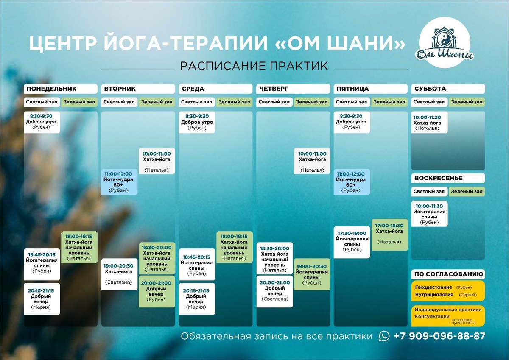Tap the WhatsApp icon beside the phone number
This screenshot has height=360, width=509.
(384, 336)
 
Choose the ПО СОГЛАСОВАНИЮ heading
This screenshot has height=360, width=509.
(448, 274)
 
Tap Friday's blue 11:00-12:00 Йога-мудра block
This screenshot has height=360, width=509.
(351, 182)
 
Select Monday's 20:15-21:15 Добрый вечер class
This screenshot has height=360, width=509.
(41, 299)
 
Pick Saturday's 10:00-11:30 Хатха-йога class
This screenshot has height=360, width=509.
(429, 123)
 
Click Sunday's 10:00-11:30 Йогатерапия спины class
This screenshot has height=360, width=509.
(429, 214)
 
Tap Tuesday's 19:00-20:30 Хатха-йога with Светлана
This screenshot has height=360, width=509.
(120, 274)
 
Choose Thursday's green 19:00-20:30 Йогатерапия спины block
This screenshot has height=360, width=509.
(312, 274)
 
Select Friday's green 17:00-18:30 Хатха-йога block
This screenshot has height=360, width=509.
(389, 234)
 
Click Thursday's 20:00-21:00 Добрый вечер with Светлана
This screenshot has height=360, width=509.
(274, 290)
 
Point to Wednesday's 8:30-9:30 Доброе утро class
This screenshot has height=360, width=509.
(197, 122)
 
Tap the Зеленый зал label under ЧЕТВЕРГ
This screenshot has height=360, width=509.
(312, 102)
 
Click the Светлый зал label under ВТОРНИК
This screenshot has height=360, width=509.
(119, 102)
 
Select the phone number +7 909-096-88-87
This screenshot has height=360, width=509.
(439, 336)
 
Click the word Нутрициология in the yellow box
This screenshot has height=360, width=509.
(432, 294)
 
